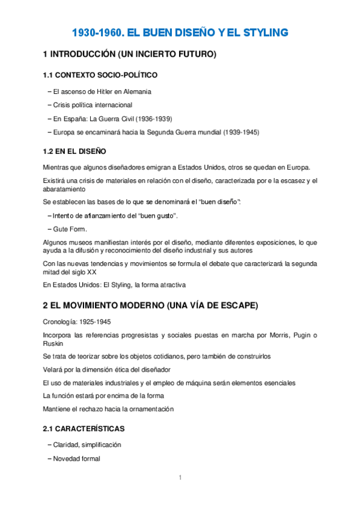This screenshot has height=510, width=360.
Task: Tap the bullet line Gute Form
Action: tap(69, 229)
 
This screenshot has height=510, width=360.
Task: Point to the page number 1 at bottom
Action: tap(179, 478)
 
